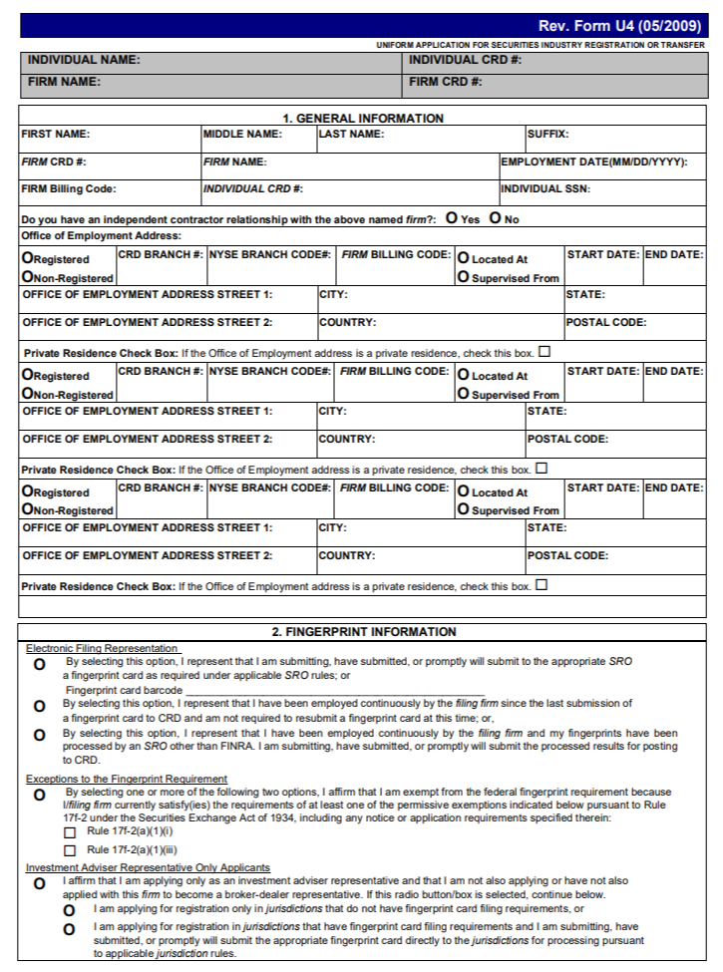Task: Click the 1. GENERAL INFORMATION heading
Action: coord(362,118)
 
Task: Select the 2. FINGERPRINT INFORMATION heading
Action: coord(363,632)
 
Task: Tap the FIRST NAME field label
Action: coord(56,134)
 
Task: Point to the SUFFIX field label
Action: coord(548,134)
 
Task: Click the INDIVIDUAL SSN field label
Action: coord(545,188)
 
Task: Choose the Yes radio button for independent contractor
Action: coord(452,218)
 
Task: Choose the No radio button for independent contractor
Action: coord(496,218)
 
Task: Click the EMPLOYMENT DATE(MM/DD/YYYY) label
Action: coord(594,162)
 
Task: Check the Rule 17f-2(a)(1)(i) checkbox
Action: coord(70,831)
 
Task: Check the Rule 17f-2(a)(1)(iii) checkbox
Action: coord(70,850)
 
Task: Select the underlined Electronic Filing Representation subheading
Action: coord(102,648)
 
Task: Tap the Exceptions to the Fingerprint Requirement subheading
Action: coord(126,779)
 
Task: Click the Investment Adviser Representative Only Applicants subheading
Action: coord(148,868)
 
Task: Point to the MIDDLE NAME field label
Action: coord(243,134)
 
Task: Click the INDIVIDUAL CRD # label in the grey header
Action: coord(465,60)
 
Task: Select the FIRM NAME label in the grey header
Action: coord(64,82)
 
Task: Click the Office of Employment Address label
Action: coord(101,235)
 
